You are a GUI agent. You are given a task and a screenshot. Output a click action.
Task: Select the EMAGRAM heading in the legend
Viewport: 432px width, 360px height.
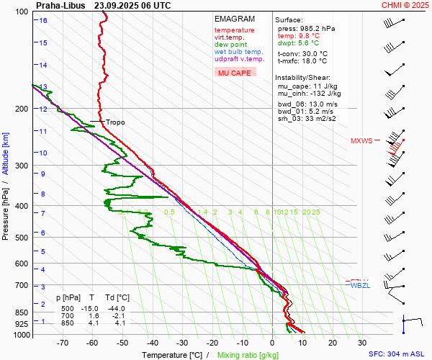[234, 19]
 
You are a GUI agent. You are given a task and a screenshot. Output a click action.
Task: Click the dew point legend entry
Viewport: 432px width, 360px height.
[230, 45]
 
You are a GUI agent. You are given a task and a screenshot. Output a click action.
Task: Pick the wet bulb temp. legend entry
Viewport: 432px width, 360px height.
[239, 52]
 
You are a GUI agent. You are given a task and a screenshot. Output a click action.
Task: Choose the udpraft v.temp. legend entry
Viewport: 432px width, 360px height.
[240, 59]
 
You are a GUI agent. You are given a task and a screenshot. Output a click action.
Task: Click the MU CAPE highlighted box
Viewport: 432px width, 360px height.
[235, 73]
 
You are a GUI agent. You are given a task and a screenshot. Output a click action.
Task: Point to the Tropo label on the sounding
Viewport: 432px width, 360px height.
[115, 122]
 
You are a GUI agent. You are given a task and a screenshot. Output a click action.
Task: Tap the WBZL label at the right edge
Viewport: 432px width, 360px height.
[360, 286]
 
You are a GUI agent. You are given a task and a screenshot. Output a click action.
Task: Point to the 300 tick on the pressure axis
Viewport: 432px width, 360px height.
[22, 166]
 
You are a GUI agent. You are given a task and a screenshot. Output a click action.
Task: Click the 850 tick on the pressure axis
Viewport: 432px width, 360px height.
[22, 312]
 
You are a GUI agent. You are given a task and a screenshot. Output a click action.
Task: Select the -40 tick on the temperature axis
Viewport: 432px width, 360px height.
[153, 343]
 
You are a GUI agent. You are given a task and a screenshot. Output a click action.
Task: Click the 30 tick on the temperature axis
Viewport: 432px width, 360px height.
[361, 343]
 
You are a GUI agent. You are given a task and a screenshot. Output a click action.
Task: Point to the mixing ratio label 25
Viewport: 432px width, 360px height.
[315, 212]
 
